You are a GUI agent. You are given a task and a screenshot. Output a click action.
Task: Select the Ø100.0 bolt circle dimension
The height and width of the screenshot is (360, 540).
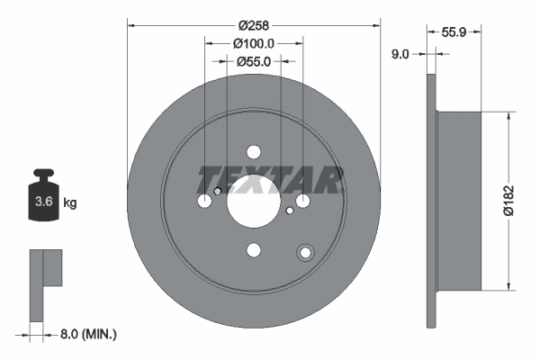coord(253,43)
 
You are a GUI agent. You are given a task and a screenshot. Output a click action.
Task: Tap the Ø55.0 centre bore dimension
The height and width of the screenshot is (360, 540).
coord(254,62)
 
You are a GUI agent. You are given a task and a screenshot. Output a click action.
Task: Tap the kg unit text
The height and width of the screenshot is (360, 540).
coord(70,203)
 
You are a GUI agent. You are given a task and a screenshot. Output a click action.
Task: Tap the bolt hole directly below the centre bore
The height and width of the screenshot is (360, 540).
coord(253,249)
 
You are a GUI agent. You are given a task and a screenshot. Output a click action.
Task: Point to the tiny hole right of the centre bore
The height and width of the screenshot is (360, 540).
coord(289,211)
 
